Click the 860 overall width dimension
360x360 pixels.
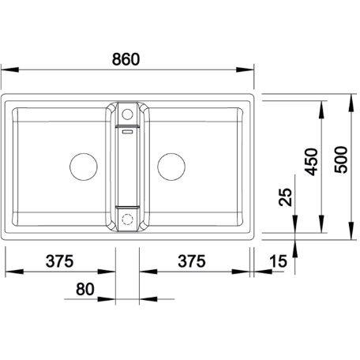(126, 59)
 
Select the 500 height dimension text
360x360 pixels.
(341, 159)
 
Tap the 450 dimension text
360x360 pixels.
(311, 162)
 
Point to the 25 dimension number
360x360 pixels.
(286, 197)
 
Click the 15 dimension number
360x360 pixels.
(278, 261)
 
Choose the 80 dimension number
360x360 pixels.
(85, 289)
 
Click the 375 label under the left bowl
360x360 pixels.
(60, 261)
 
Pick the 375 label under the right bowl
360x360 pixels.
(192, 261)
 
